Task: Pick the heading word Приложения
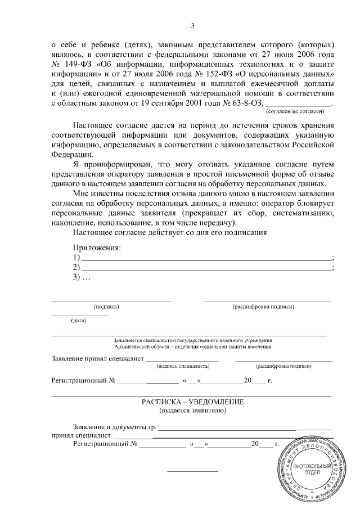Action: coord(97,248)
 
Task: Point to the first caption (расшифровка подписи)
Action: coord(263,307)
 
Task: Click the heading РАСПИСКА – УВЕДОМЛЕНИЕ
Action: coord(192,402)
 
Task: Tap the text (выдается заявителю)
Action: coord(192,411)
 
